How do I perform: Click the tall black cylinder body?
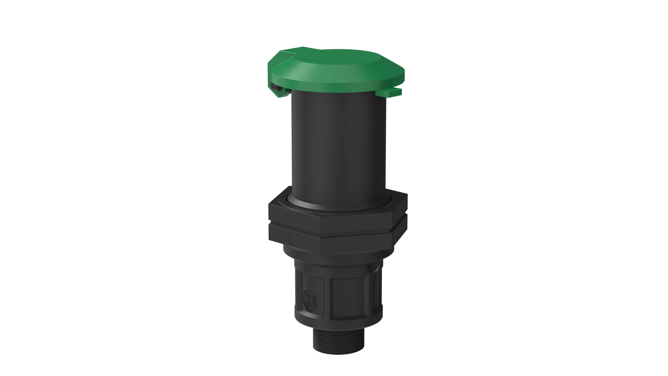click(x=338, y=145)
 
